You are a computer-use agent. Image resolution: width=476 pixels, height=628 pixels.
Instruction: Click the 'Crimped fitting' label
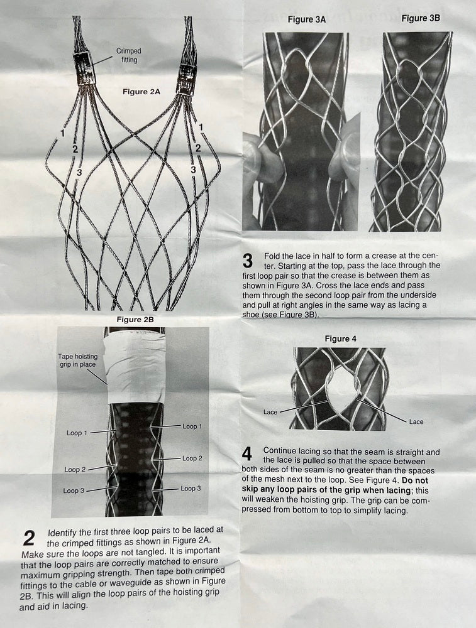[129, 55]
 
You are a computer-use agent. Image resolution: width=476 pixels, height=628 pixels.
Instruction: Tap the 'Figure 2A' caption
[141, 92]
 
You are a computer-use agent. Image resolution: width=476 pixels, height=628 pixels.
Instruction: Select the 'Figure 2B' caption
[135, 320]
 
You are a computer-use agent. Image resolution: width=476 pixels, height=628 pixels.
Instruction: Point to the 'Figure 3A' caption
[306, 19]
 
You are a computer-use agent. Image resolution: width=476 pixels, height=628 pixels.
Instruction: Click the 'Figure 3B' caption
[421, 18]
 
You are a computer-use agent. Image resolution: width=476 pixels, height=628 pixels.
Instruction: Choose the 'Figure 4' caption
[340, 339]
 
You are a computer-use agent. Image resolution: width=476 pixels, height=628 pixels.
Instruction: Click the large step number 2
[29, 538]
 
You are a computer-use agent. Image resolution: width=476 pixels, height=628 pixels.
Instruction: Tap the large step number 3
[248, 261]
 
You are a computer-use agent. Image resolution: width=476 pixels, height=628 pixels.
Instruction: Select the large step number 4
[247, 454]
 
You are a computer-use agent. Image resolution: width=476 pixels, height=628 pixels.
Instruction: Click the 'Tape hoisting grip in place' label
[77, 360]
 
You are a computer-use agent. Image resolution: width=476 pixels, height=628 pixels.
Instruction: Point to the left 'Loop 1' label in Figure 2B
[77, 433]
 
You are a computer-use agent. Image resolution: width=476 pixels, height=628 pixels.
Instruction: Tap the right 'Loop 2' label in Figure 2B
[192, 458]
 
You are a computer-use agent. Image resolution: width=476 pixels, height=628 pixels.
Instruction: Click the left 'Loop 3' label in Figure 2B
[74, 490]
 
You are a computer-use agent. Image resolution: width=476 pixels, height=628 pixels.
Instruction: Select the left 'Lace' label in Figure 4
[270, 412]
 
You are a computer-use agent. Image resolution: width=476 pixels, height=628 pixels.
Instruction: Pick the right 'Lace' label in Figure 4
[416, 422]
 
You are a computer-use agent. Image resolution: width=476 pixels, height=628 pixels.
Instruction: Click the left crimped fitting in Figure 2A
[86, 68]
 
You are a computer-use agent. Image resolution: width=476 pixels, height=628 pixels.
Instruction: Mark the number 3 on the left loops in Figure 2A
[79, 173]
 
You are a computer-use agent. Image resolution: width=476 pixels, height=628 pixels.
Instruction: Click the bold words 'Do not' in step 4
[414, 480]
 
